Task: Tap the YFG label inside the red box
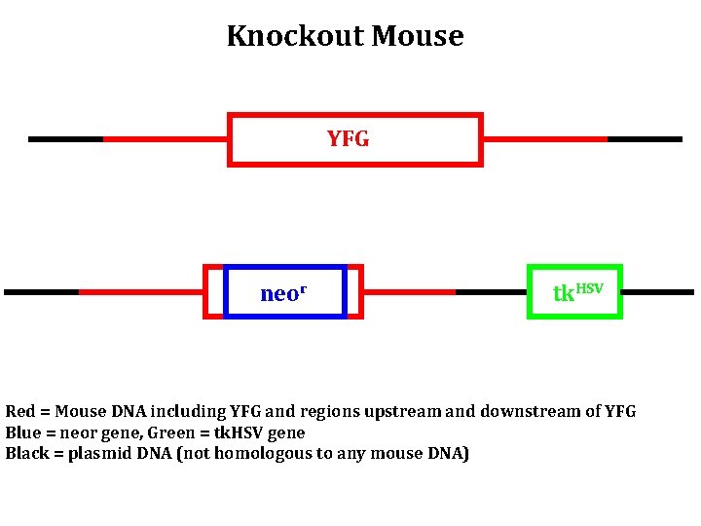click(x=348, y=139)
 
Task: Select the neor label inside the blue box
click(x=283, y=293)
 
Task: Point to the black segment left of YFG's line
click(x=65, y=139)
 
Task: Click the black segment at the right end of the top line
click(x=644, y=139)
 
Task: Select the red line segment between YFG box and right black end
click(x=544, y=139)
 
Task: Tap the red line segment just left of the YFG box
click(x=165, y=139)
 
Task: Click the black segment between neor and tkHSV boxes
click(x=492, y=291)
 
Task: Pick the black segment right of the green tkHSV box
click(x=657, y=291)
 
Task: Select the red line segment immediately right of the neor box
click(x=409, y=291)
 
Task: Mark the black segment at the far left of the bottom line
click(x=41, y=291)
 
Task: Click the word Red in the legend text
click(x=20, y=412)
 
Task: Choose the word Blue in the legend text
click(x=23, y=432)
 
